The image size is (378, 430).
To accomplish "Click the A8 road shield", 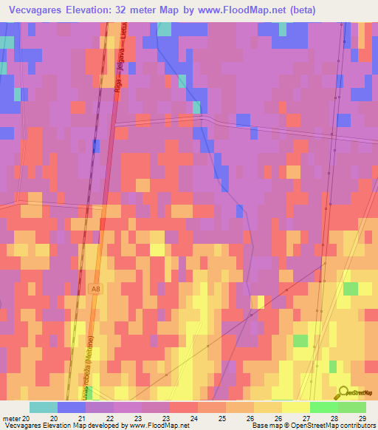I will pyautogui.click(x=97, y=288).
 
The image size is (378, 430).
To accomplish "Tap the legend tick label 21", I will pyautogui.click(x=91, y=418).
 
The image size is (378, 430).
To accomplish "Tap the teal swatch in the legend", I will pyautogui.click(x=43, y=407).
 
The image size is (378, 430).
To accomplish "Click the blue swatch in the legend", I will pyautogui.click(x=71, y=407).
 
